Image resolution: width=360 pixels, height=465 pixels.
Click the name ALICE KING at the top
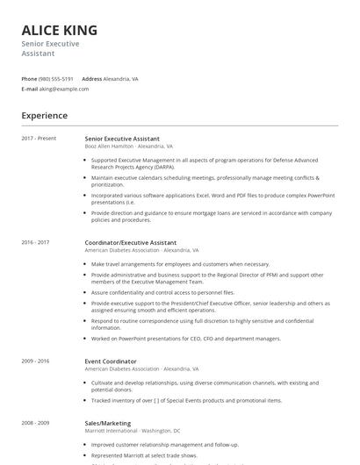pyautogui.click(x=60, y=30)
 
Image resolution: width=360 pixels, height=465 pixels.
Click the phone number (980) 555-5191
pyautogui.click(x=56, y=78)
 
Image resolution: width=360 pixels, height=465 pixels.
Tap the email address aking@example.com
pyautogui.click(x=64, y=89)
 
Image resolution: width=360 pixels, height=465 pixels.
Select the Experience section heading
pyautogui.click(x=45, y=116)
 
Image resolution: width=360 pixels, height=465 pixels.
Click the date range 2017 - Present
pyautogui.click(x=39, y=139)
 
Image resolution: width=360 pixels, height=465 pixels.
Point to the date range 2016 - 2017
pyautogui.click(x=35, y=242)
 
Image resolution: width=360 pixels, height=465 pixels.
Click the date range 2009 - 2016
pyautogui.click(x=35, y=361)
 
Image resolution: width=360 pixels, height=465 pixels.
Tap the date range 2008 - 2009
pyautogui.click(x=35, y=422)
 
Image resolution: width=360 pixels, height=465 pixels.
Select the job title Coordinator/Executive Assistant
pyautogui.click(x=131, y=242)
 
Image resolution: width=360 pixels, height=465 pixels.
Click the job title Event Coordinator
pyautogui.click(x=111, y=361)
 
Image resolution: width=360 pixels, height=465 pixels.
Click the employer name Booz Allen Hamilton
pyautogui.click(x=110, y=147)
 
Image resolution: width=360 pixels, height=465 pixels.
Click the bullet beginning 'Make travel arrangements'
pyautogui.click(x=180, y=263)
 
